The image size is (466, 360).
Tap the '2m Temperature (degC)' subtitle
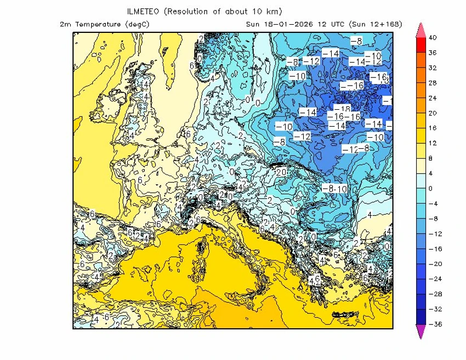click(x=105, y=24)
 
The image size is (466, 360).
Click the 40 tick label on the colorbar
click(x=433, y=38)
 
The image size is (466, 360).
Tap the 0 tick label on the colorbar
click(x=431, y=188)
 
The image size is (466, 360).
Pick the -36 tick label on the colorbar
click(x=433, y=324)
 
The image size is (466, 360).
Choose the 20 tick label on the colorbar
click(x=433, y=113)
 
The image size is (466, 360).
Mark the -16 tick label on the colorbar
click(x=433, y=249)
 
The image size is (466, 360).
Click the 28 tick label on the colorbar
click(x=433, y=83)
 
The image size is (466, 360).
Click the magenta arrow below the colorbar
click(x=420, y=331)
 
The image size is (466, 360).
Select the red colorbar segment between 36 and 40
click(x=420, y=46)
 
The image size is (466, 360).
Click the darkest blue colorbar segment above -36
click(x=420, y=317)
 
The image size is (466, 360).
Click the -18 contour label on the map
click(x=342, y=109)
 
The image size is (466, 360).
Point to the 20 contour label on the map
click(x=282, y=172)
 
